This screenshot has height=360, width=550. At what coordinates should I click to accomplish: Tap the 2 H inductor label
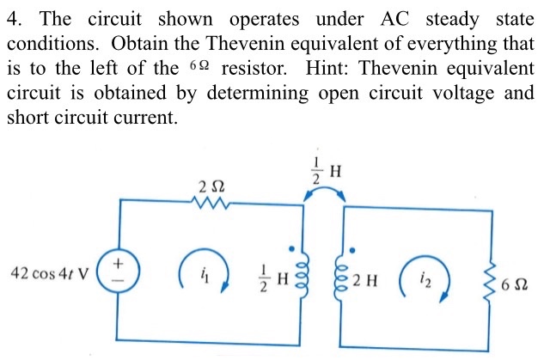[374, 276]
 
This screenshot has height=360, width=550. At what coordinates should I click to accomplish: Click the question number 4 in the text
[12, 19]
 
